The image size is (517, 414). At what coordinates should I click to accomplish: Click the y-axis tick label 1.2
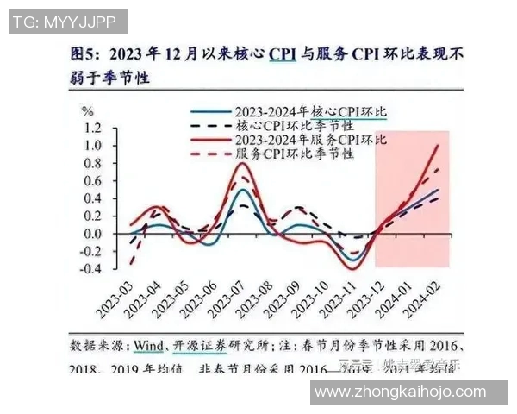[x=91, y=128]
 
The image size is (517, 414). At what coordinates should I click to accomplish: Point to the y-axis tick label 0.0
[x=91, y=233]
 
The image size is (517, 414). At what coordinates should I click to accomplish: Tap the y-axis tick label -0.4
[x=89, y=268]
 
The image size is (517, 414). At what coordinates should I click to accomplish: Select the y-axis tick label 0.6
[x=91, y=180]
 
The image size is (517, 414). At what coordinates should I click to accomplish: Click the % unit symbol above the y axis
[x=87, y=110]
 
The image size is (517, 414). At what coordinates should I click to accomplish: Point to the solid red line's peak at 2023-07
[x=244, y=163]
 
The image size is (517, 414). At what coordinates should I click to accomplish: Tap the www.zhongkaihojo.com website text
[x=400, y=392]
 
